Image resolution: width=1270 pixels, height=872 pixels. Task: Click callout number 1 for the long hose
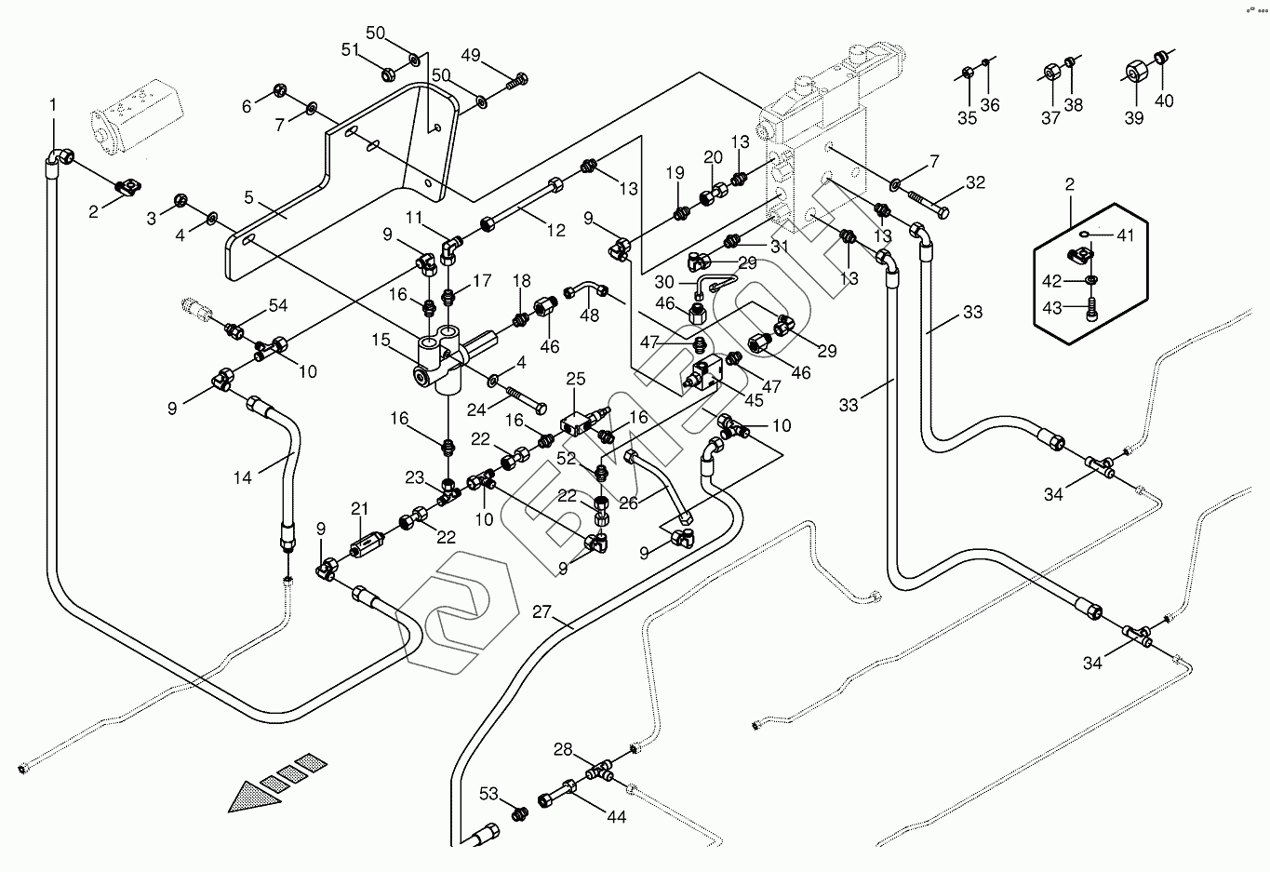pyautogui.click(x=53, y=104)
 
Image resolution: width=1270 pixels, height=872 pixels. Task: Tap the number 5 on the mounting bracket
pyautogui.click(x=248, y=197)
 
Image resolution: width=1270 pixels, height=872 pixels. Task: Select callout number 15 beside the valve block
pyautogui.click(x=381, y=342)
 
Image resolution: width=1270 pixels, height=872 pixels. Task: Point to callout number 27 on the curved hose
pyautogui.click(x=541, y=612)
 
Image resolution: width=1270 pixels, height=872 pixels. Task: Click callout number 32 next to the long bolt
pyautogui.click(x=974, y=183)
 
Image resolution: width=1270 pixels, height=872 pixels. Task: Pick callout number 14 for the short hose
pyautogui.click(x=243, y=478)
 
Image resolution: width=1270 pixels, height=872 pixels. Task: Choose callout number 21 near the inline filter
pyautogui.click(x=360, y=509)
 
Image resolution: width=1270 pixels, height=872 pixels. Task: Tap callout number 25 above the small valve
pyautogui.click(x=576, y=379)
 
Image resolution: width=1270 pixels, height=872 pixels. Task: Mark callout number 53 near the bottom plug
pyautogui.click(x=489, y=793)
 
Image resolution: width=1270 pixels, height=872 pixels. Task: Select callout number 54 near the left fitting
pyautogui.click(x=278, y=305)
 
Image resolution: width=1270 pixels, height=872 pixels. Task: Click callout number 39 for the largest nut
pyautogui.click(x=1133, y=118)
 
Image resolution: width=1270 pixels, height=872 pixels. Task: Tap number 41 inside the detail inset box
pyautogui.click(x=1126, y=235)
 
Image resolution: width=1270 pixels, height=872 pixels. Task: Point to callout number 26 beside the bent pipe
pyautogui.click(x=628, y=503)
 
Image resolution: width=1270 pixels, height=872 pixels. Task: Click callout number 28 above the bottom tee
pyautogui.click(x=564, y=749)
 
